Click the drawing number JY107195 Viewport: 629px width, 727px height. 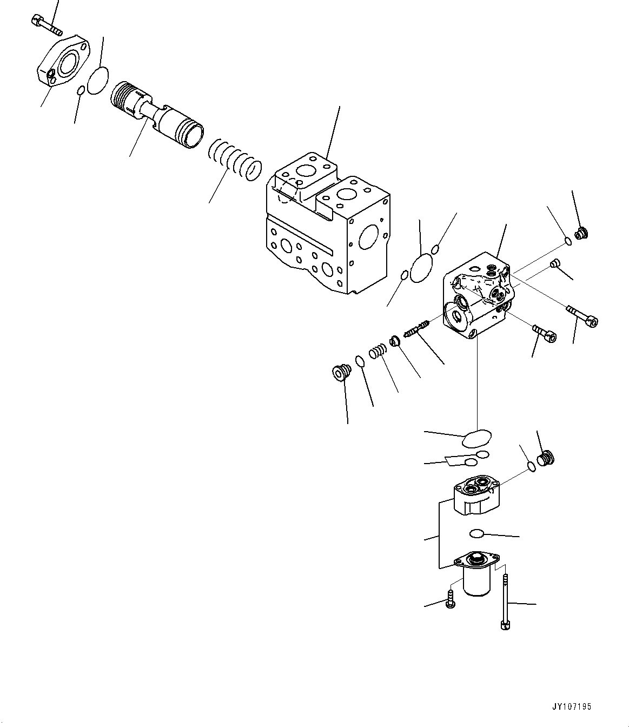pos(572,706)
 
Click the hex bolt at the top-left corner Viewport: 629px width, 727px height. pos(47,24)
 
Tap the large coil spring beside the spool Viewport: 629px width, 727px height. pos(236,160)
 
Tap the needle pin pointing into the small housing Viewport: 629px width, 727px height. pos(416,328)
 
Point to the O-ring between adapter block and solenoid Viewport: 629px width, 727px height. pos(476,533)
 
